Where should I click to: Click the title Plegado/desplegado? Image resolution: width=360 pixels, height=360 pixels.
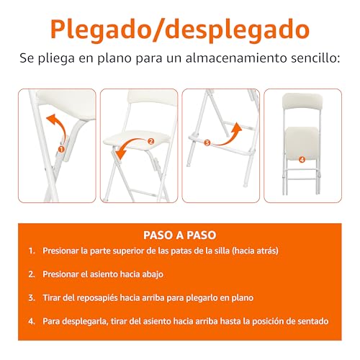pos(180,30)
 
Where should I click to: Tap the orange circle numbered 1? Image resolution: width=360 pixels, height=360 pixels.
pos(61,149)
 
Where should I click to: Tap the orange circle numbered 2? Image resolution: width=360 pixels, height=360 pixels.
pos(150,141)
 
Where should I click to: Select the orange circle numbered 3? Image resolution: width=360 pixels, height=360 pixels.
pos(207,143)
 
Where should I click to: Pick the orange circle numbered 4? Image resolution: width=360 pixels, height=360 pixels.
pos(302,159)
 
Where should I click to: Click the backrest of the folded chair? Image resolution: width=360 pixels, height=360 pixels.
pos(302,102)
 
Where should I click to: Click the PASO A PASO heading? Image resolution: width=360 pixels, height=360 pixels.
pos(180,235)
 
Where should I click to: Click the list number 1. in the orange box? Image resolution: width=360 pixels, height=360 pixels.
pos(32,251)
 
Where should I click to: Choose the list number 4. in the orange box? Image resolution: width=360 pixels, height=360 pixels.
pos(32,321)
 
